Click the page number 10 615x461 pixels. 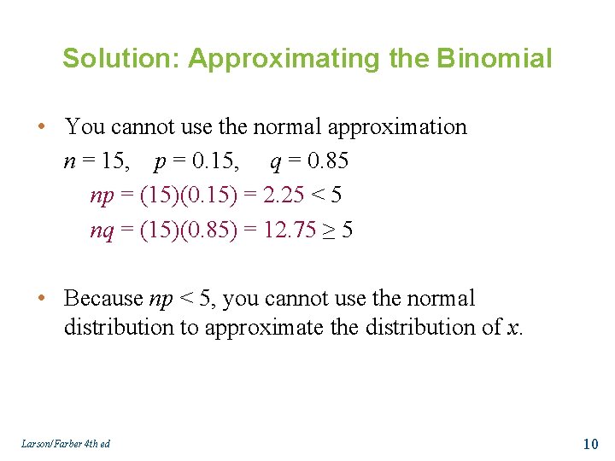click(589, 443)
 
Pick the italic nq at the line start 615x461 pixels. click(101, 230)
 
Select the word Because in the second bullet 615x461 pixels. click(103, 299)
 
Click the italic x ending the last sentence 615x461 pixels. click(512, 328)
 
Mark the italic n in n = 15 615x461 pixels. click(68, 162)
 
